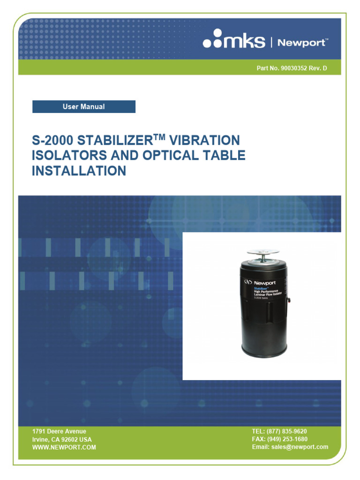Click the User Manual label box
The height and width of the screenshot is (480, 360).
coord(84,107)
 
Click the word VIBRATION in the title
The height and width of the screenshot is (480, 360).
coord(205,140)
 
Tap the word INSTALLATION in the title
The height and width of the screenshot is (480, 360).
coord(79,171)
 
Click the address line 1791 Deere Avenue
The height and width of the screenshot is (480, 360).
coord(59,431)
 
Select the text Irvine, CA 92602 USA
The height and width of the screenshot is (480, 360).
coord(62,440)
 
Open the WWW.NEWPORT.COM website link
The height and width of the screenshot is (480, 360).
coord(64,448)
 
